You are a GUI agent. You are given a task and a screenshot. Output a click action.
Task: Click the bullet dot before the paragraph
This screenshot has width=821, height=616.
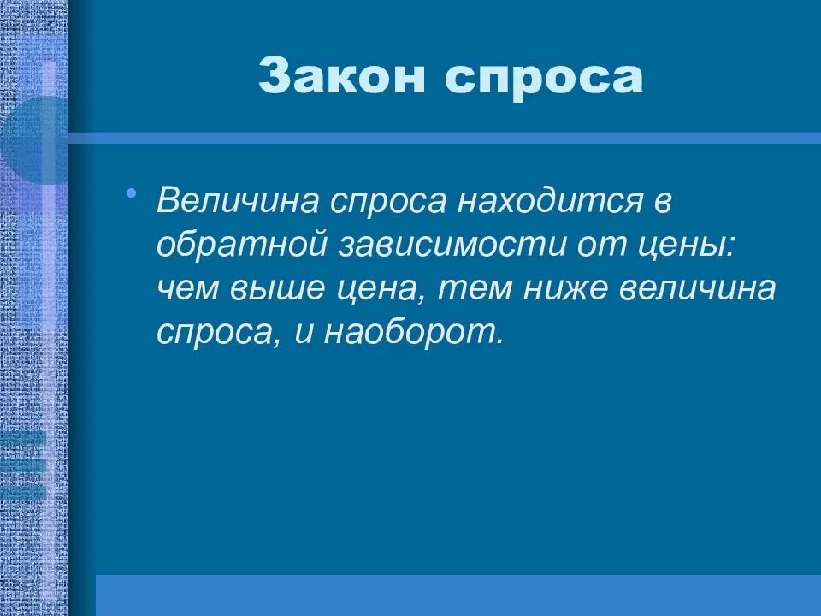point(131,194)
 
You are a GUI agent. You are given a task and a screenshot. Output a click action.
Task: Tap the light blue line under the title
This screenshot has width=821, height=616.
point(445,138)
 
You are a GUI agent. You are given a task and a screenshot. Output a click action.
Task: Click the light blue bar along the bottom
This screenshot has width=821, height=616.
point(458,595)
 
